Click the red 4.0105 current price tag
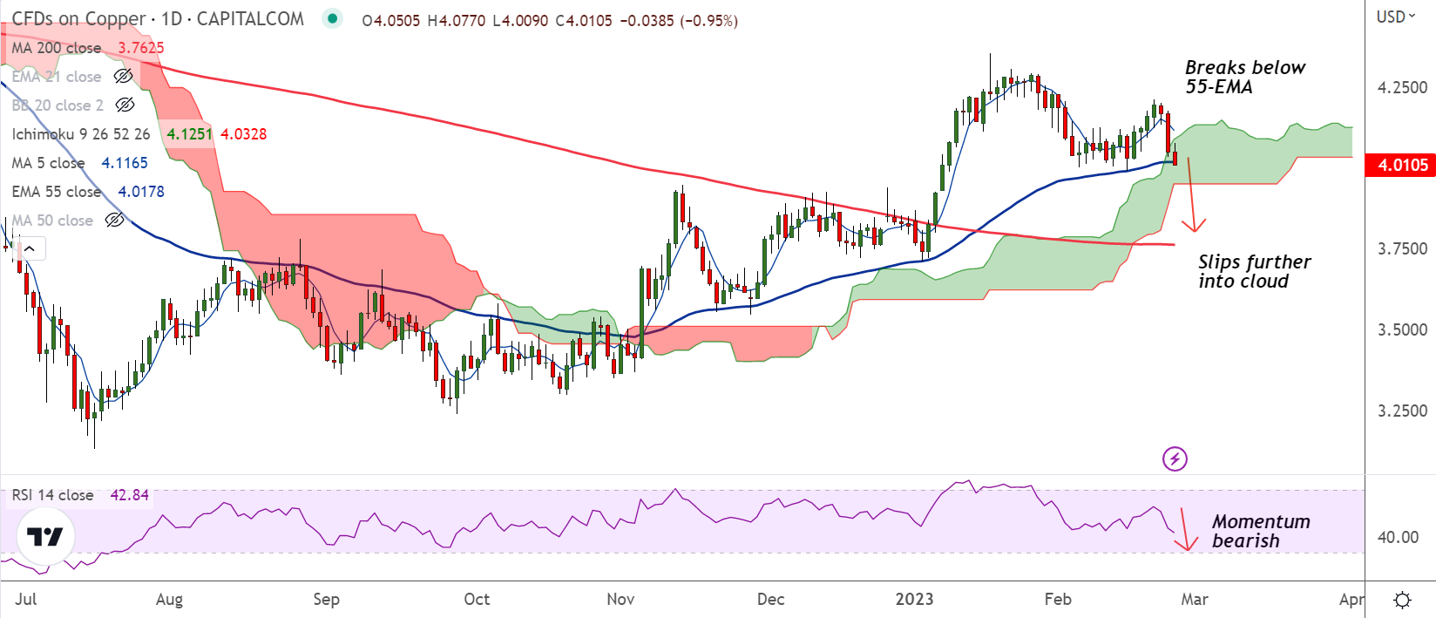click(1401, 166)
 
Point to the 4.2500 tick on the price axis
click(1402, 87)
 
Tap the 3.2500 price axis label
click(1402, 411)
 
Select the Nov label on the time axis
click(620, 599)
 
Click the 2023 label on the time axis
click(914, 599)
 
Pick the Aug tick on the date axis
click(169, 599)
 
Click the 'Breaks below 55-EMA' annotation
click(1244, 77)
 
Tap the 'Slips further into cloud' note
click(1253, 271)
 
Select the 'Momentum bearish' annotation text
click(1260, 531)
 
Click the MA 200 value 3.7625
click(141, 48)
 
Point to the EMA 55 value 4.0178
click(141, 192)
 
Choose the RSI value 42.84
click(129, 495)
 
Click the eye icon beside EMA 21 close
click(124, 77)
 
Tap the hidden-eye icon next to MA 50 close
click(115, 221)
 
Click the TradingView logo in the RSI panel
click(44, 536)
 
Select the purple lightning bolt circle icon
click(1175, 458)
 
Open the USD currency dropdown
click(1395, 17)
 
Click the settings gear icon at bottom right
click(1402, 600)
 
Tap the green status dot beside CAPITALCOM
click(332, 18)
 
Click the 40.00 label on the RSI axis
click(1398, 537)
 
